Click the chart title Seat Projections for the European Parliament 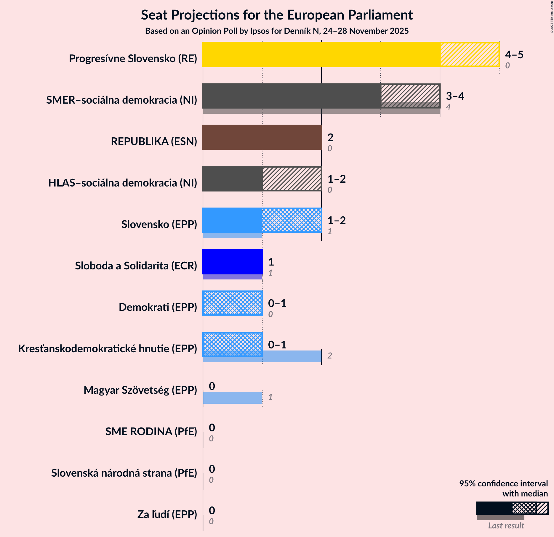point(277,15)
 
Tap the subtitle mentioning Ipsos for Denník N point(277,31)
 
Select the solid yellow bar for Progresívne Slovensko point(321,54)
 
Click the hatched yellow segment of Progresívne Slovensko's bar point(470,54)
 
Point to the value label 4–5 point(514,54)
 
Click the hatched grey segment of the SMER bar point(410,93)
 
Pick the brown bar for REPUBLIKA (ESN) point(262,137)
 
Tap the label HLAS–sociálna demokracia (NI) point(123,183)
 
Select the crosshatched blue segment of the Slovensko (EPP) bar point(292,220)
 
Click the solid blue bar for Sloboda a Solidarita point(232,262)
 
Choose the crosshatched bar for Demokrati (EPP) point(233,303)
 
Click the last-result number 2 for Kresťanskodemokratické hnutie point(329,356)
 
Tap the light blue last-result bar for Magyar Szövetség point(233,398)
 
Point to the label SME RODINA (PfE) point(151,432)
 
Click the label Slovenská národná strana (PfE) point(124,473)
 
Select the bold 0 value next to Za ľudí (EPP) point(212,510)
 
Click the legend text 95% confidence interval point(503,484)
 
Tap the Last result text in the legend point(506,526)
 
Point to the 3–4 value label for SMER point(455,96)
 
